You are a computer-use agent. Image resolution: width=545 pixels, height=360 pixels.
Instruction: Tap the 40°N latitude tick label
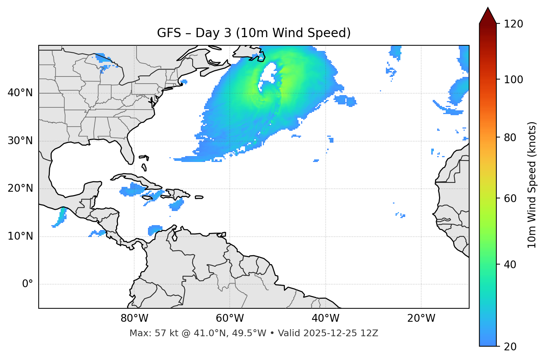coord(20,93)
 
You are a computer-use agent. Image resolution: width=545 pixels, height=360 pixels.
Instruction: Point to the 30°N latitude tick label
coord(20,141)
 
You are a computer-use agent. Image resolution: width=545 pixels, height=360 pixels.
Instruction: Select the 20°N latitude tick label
coord(20,188)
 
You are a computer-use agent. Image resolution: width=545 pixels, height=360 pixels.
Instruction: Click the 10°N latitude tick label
coord(20,236)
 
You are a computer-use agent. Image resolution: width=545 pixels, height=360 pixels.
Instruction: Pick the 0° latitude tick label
coord(27,284)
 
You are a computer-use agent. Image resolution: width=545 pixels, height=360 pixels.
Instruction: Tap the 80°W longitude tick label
coord(134,318)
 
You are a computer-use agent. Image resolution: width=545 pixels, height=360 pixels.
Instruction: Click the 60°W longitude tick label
coord(230,318)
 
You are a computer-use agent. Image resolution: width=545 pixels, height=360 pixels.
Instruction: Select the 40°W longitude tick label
coord(325,318)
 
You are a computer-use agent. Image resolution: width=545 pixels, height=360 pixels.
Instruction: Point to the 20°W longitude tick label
coord(421,318)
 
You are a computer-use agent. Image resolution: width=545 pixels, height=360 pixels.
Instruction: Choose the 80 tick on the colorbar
coord(512,138)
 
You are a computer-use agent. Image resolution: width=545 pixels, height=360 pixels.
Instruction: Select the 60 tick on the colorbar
coord(512,199)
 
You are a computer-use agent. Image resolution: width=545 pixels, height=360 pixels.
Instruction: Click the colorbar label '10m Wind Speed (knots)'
coord(532,185)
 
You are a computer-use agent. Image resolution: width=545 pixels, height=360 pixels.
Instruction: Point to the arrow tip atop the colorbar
coord(488,9)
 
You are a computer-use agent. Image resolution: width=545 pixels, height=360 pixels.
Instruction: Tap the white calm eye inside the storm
coord(268,74)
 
